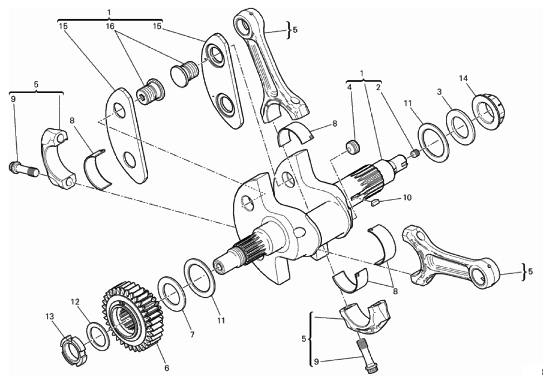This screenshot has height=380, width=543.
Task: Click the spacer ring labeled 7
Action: pos(171,293)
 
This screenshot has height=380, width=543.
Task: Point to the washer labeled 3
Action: pos(461,126)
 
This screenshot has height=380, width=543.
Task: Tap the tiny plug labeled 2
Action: pos(414,153)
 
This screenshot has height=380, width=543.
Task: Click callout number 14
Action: pos(464,78)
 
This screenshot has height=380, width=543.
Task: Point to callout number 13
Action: pos(50,316)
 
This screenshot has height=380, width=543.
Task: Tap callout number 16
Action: pos(110,26)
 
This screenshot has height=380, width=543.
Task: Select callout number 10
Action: pos(407,197)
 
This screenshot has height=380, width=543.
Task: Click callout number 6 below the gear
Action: pos(166,368)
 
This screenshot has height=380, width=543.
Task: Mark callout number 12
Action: pos(76,302)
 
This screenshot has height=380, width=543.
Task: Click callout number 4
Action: pos(349,87)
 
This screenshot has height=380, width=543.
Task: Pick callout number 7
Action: pos(192,335)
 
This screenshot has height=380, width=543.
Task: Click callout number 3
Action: pos(439,92)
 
